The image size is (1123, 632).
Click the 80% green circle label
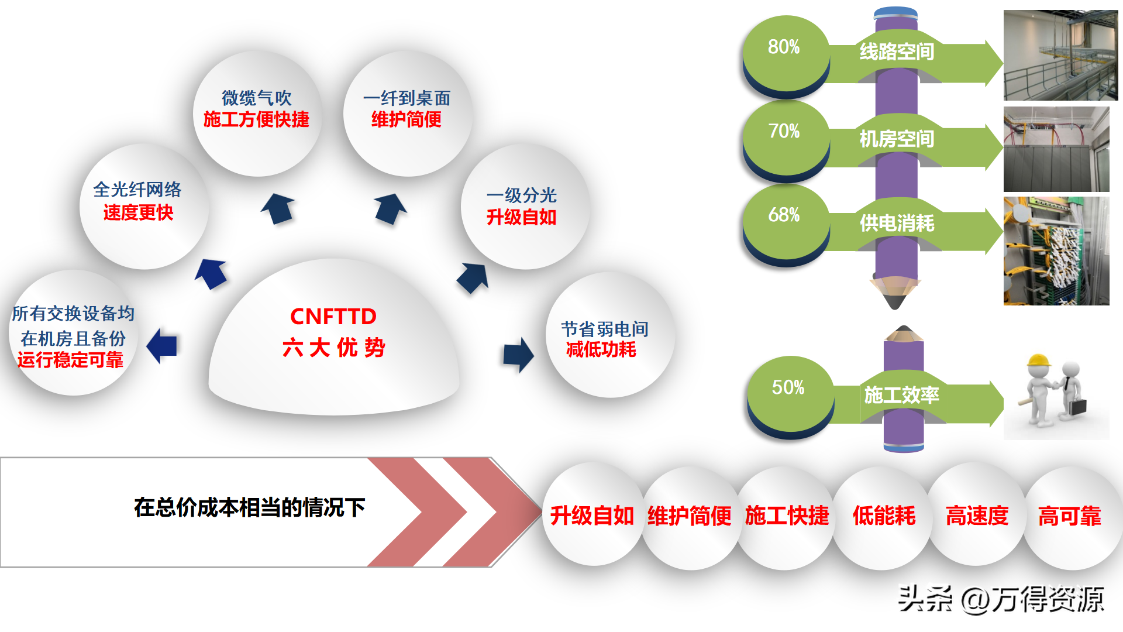point(784,47)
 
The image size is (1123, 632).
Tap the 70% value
point(784,131)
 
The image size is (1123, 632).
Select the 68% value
point(784,215)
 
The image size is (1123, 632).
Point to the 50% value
point(788,387)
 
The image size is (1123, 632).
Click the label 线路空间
point(897,52)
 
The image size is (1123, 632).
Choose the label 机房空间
point(897,139)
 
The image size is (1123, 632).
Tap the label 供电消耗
point(897,223)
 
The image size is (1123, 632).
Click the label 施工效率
point(901,395)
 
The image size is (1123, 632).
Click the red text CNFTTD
point(333,317)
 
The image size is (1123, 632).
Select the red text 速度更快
point(139,212)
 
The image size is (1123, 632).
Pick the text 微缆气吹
point(257,98)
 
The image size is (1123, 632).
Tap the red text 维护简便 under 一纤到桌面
point(407,119)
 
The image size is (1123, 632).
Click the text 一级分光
point(522,195)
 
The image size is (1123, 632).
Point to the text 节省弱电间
point(605,329)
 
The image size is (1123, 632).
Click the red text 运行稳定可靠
point(71,360)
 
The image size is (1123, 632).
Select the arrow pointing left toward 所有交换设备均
point(162,345)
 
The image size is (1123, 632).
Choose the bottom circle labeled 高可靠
point(1070,516)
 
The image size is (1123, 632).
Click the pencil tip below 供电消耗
point(895,300)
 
